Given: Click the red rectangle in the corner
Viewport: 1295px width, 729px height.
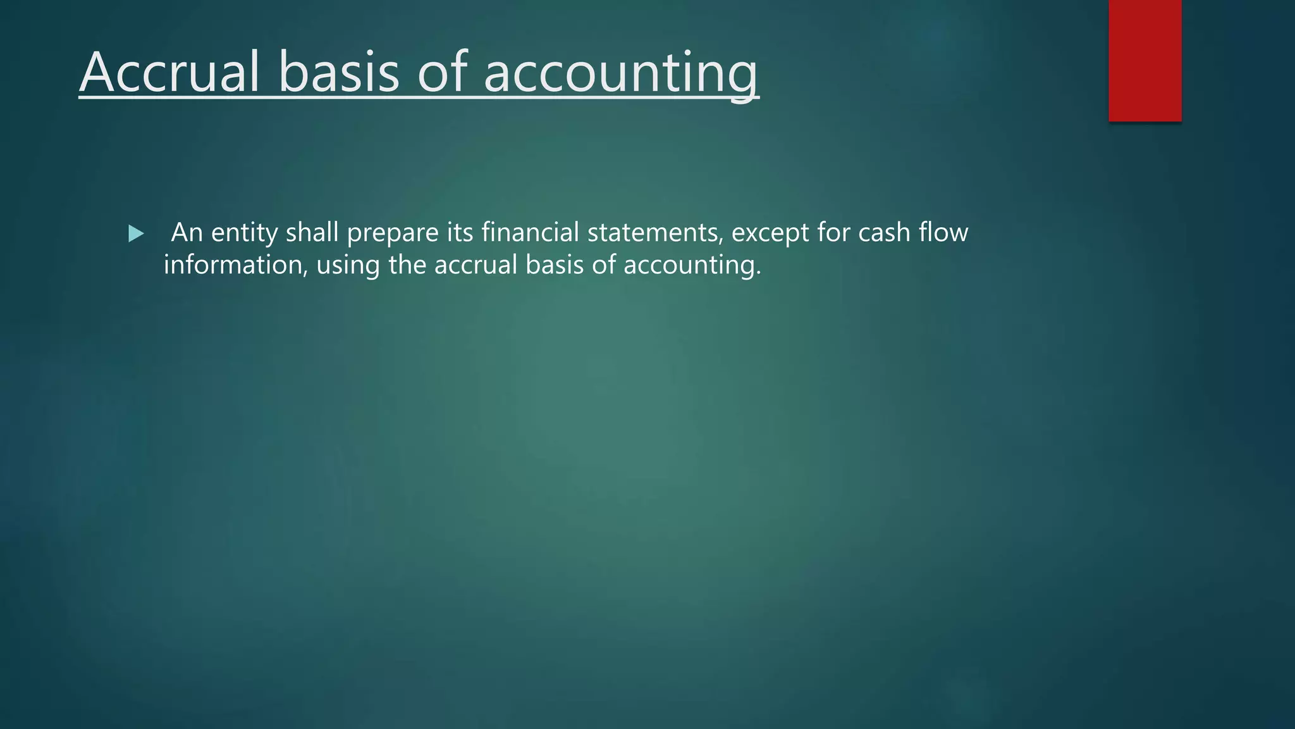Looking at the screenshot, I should [x=1145, y=61].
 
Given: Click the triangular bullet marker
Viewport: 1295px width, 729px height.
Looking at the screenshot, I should [x=135, y=234].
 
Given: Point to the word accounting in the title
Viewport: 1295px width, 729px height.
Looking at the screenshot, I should [x=620, y=73].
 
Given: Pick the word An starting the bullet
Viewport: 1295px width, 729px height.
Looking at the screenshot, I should [x=187, y=233].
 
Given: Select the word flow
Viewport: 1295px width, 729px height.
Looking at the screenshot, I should [x=943, y=233].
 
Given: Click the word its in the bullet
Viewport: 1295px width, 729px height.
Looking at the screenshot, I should [x=460, y=233].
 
